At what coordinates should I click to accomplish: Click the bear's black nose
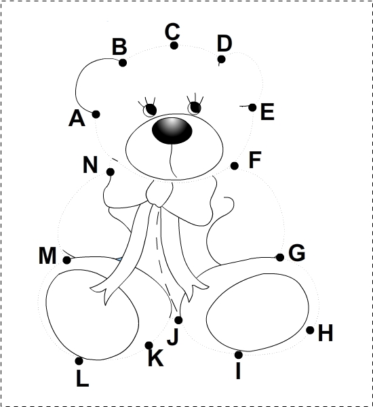pos(172,130)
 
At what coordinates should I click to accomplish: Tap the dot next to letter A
pos(96,114)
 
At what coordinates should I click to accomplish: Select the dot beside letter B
pos(123,62)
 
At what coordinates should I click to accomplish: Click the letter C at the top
pos(172,31)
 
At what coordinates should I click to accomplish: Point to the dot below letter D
pos(221,60)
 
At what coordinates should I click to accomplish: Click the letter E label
pos(267,111)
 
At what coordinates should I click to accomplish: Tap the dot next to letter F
pos(235,166)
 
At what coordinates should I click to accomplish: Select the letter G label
pos(296,252)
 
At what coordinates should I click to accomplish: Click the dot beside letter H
pos(310,330)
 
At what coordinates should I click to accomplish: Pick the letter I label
pos(238,370)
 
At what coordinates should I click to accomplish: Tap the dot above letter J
pos(178,320)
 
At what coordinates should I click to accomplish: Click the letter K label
pos(156,357)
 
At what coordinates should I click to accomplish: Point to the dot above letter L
pos(79,361)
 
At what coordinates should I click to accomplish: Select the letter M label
pos(47,256)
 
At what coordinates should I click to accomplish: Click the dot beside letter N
pos(111,172)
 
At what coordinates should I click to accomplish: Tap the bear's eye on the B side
pos(151,109)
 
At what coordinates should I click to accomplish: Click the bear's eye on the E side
pos(195,108)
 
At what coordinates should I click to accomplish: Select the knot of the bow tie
pos(159,193)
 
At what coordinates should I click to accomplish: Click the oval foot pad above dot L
pos(92,315)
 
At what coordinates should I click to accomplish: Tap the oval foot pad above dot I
pos(258,312)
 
